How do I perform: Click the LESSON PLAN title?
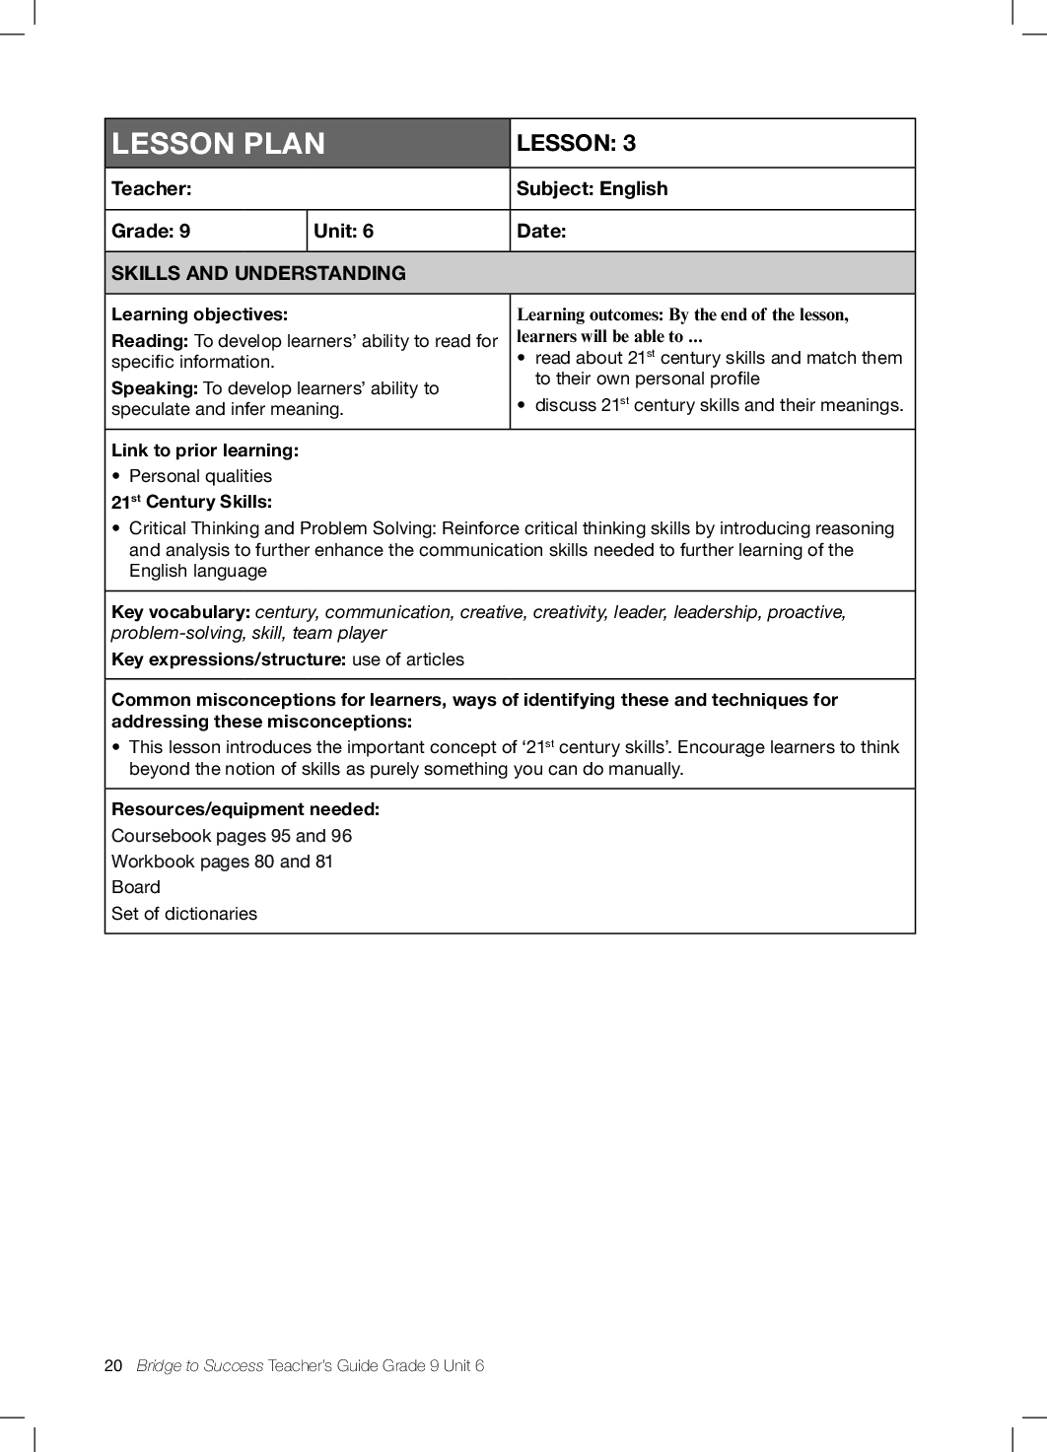pos(218,144)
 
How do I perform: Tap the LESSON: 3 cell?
pos(576,143)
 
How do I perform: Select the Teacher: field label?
pos(152,188)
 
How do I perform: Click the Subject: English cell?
pos(592,188)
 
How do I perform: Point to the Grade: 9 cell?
pos(151,231)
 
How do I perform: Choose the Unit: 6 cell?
pos(343,231)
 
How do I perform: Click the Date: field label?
pos(541,231)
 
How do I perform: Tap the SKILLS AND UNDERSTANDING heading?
pos(258,273)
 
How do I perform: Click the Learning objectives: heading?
pos(199,314)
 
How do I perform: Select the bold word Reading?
pos(150,341)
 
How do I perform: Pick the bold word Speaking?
pos(155,388)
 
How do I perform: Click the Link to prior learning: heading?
pos(204,450)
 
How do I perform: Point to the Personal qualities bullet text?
pos(200,476)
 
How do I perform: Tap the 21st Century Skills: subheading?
pos(191,502)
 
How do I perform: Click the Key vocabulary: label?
pos(180,612)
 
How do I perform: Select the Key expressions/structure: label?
pos(229,659)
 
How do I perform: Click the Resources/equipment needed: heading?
pos(245,809)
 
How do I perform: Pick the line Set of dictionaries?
pos(184,914)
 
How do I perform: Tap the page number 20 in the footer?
pos(113,1365)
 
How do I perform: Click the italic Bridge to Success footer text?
pos(200,1365)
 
